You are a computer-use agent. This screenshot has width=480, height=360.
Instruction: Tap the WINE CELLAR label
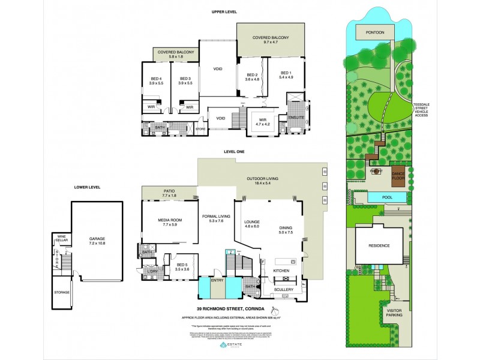[x=61, y=238]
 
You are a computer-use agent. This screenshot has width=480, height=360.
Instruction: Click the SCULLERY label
[x=284, y=290]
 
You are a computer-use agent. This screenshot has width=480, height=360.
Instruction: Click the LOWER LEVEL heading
[x=87, y=187]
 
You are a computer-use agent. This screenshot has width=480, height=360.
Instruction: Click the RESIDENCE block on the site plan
[x=379, y=245]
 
